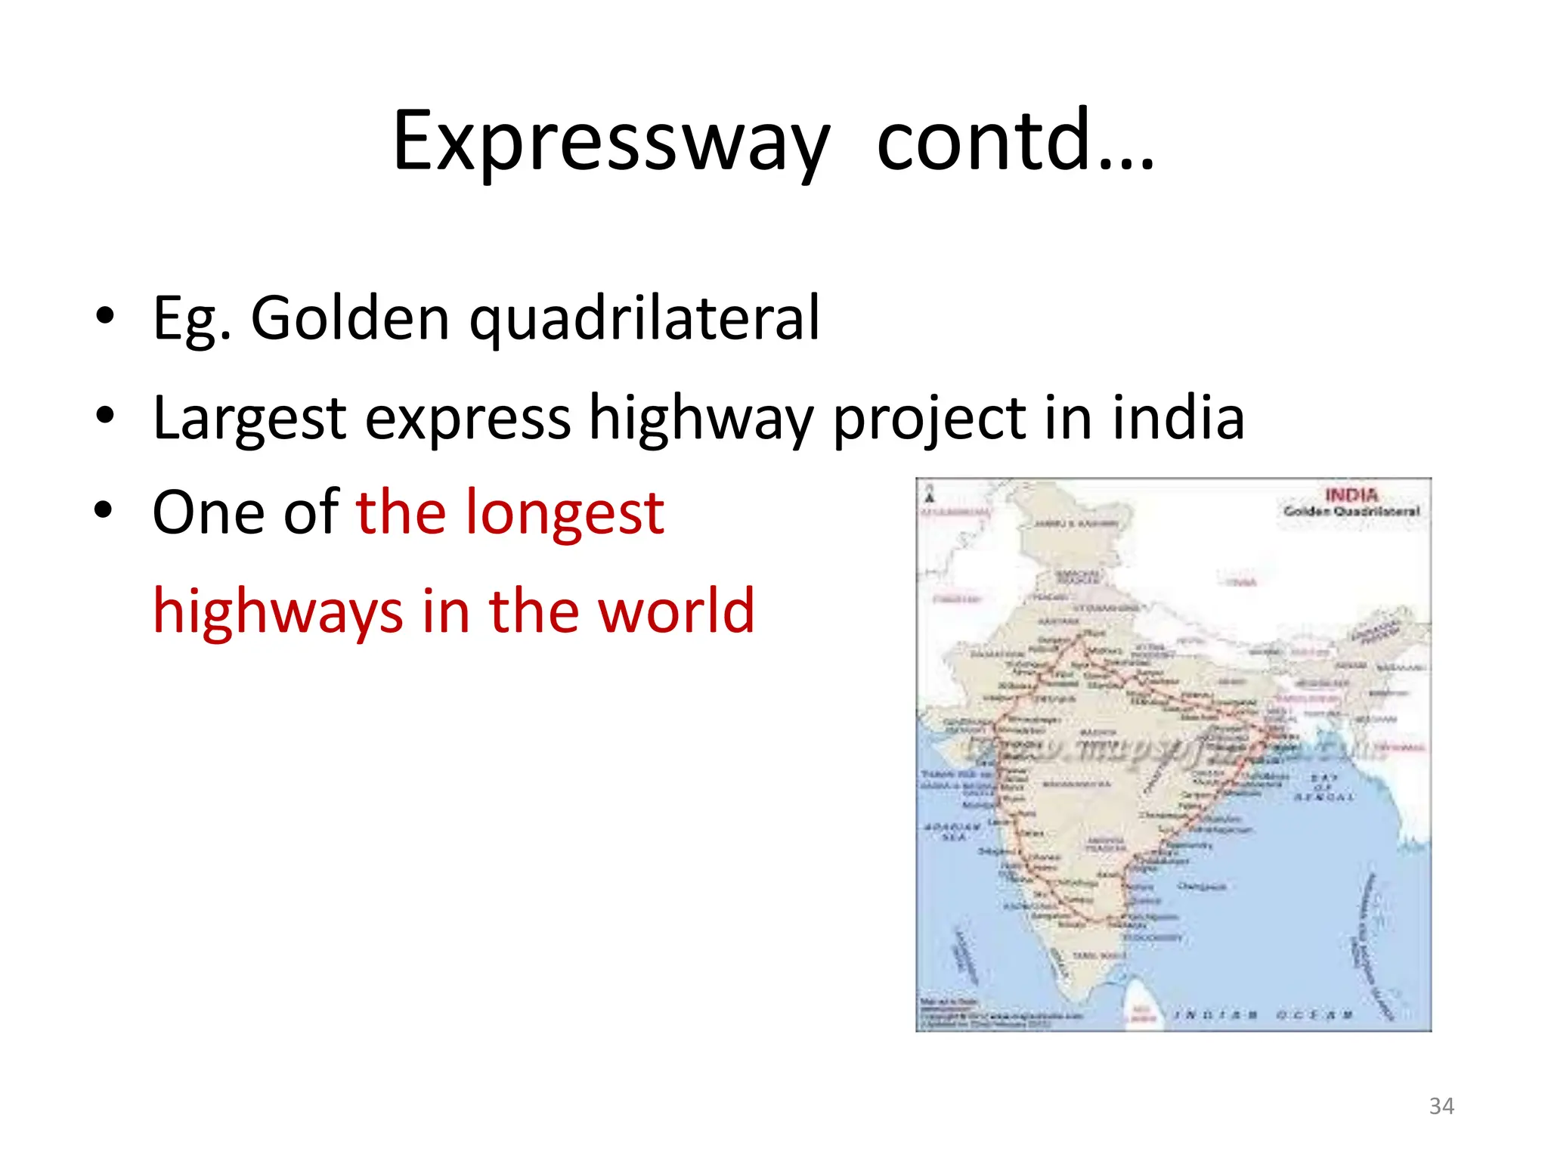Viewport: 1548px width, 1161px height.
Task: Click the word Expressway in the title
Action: point(611,142)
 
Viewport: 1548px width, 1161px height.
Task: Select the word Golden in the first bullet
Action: point(350,317)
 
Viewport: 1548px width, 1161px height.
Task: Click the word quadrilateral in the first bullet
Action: point(644,317)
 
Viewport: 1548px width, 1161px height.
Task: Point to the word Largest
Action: point(249,417)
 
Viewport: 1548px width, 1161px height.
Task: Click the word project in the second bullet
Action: point(929,417)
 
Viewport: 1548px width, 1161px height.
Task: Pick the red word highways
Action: point(277,611)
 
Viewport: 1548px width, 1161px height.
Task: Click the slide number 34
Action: point(1441,1107)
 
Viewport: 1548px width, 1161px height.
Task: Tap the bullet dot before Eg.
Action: point(105,316)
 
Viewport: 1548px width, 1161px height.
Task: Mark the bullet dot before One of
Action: point(105,511)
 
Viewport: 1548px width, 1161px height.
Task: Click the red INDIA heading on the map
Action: point(1351,495)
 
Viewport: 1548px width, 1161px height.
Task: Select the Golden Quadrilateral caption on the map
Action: point(1351,512)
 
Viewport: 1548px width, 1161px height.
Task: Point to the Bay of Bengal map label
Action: point(1324,787)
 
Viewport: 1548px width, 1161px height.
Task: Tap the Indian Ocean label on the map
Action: point(1263,1014)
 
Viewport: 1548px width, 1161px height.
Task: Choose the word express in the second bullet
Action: point(467,417)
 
